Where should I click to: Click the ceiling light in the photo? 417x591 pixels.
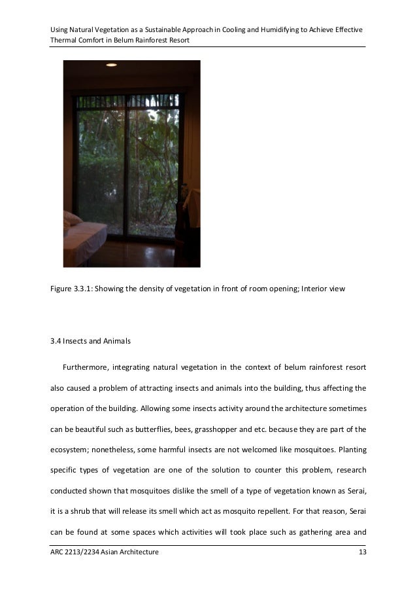pos(110,64)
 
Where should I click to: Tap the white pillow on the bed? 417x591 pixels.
pos(71,219)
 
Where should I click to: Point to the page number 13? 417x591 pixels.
pos(361,554)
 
